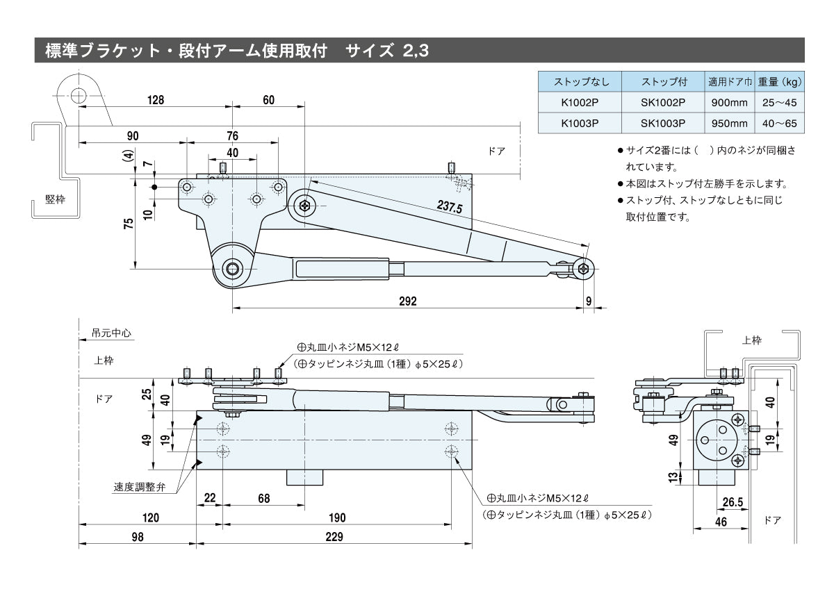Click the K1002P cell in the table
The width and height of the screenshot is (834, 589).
point(580,102)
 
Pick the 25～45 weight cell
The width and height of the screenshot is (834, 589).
point(779,102)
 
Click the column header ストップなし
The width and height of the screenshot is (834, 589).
point(580,82)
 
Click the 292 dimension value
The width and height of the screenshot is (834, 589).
point(408,300)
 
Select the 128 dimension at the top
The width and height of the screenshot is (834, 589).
point(155,100)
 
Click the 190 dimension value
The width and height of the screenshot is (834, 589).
point(336,517)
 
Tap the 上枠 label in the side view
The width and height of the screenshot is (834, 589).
point(751,340)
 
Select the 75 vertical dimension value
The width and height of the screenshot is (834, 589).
point(128,223)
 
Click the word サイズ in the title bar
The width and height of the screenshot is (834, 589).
point(369,51)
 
